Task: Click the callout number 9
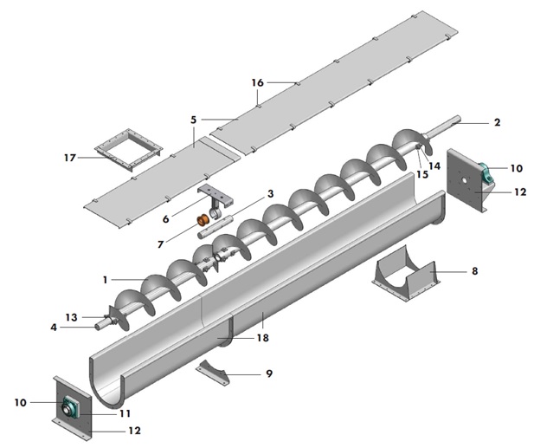point(268,373)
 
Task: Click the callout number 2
point(497,123)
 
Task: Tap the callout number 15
point(421,174)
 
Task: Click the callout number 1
point(105,280)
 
